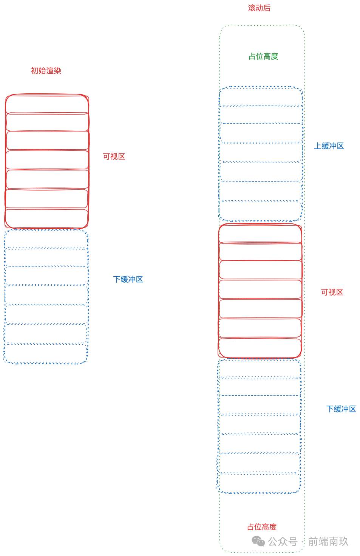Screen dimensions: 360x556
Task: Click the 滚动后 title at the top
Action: click(x=259, y=8)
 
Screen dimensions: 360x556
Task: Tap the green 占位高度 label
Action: click(x=263, y=56)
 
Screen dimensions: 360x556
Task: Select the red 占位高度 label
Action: click(x=262, y=527)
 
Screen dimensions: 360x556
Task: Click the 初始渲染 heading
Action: click(x=46, y=71)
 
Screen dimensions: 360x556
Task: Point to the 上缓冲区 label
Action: click(x=329, y=146)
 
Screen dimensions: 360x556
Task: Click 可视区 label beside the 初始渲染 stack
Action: click(x=114, y=156)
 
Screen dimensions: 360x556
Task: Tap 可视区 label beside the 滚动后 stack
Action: click(x=332, y=292)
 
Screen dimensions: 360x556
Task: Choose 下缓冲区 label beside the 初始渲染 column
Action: click(x=128, y=279)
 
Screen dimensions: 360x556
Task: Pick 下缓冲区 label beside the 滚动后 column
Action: click(x=341, y=409)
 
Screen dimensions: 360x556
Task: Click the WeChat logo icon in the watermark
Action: click(x=258, y=542)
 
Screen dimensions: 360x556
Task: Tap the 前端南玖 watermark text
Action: click(x=328, y=542)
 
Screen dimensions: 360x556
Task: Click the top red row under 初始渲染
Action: click(x=47, y=104)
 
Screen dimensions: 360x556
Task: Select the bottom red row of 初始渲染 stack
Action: click(x=46, y=218)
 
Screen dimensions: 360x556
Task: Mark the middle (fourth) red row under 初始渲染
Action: click(x=47, y=160)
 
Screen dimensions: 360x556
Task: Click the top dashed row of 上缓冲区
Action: click(x=261, y=97)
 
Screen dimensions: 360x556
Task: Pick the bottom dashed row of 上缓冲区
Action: click(x=261, y=211)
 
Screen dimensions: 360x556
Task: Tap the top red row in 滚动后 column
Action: click(x=260, y=234)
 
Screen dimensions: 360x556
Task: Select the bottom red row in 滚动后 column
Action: click(x=260, y=348)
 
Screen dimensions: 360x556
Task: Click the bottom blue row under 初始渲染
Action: click(x=46, y=354)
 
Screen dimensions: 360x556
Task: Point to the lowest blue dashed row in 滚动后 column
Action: click(x=259, y=483)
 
